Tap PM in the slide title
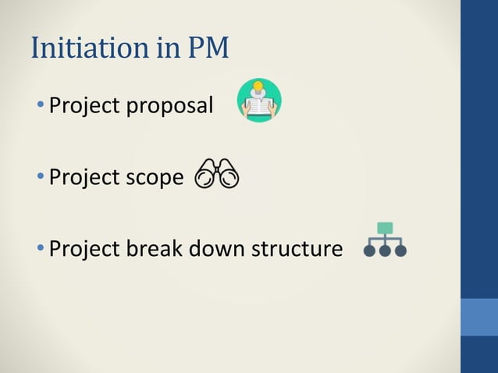point(207,48)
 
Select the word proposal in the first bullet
point(173,105)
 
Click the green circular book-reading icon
point(259,101)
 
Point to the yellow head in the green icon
point(258,87)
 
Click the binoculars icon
point(217,174)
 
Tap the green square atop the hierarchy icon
point(385,228)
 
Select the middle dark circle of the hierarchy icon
point(385,251)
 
